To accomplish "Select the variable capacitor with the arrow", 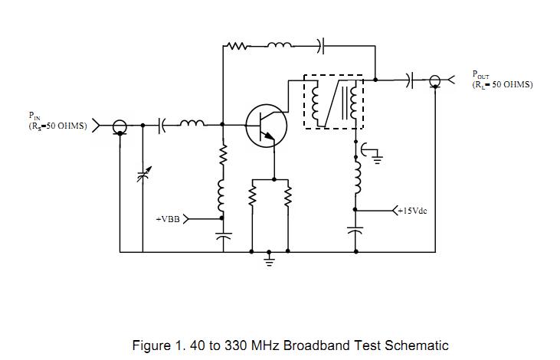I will tap(142, 175).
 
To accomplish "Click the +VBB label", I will tap(169, 218).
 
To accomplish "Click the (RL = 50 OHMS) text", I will tap(503, 84).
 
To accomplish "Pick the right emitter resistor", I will tap(288, 198).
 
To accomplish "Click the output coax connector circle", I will tap(434, 79).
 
